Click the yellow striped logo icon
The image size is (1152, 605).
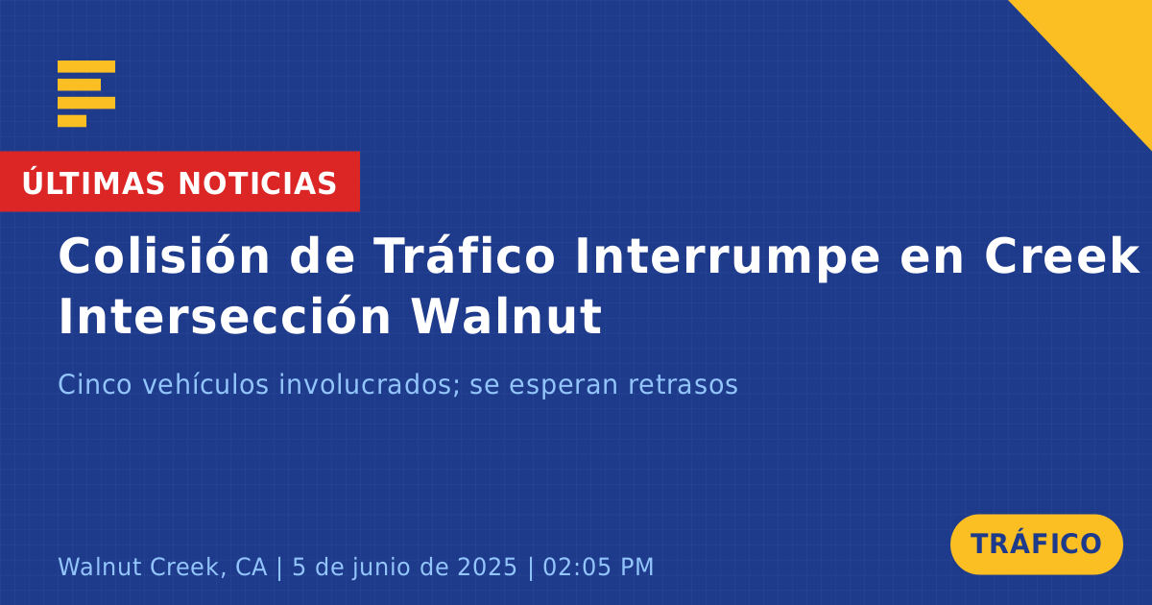[86, 94]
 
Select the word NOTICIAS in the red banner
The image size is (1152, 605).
[257, 183]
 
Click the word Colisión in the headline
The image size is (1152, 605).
[163, 255]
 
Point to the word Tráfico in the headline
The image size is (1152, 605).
[465, 255]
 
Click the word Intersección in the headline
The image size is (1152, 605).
[225, 315]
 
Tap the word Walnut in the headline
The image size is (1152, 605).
[506, 315]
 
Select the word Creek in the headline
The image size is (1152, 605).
[1061, 255]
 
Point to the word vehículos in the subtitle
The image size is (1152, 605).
[205, 384]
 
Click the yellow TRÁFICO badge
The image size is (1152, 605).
[1036, 544]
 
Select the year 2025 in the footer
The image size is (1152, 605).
[487, 567]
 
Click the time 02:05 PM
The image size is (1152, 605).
[598, 567]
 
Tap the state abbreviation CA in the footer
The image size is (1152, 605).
[251, 567]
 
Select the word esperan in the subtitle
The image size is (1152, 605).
[558, 386]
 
